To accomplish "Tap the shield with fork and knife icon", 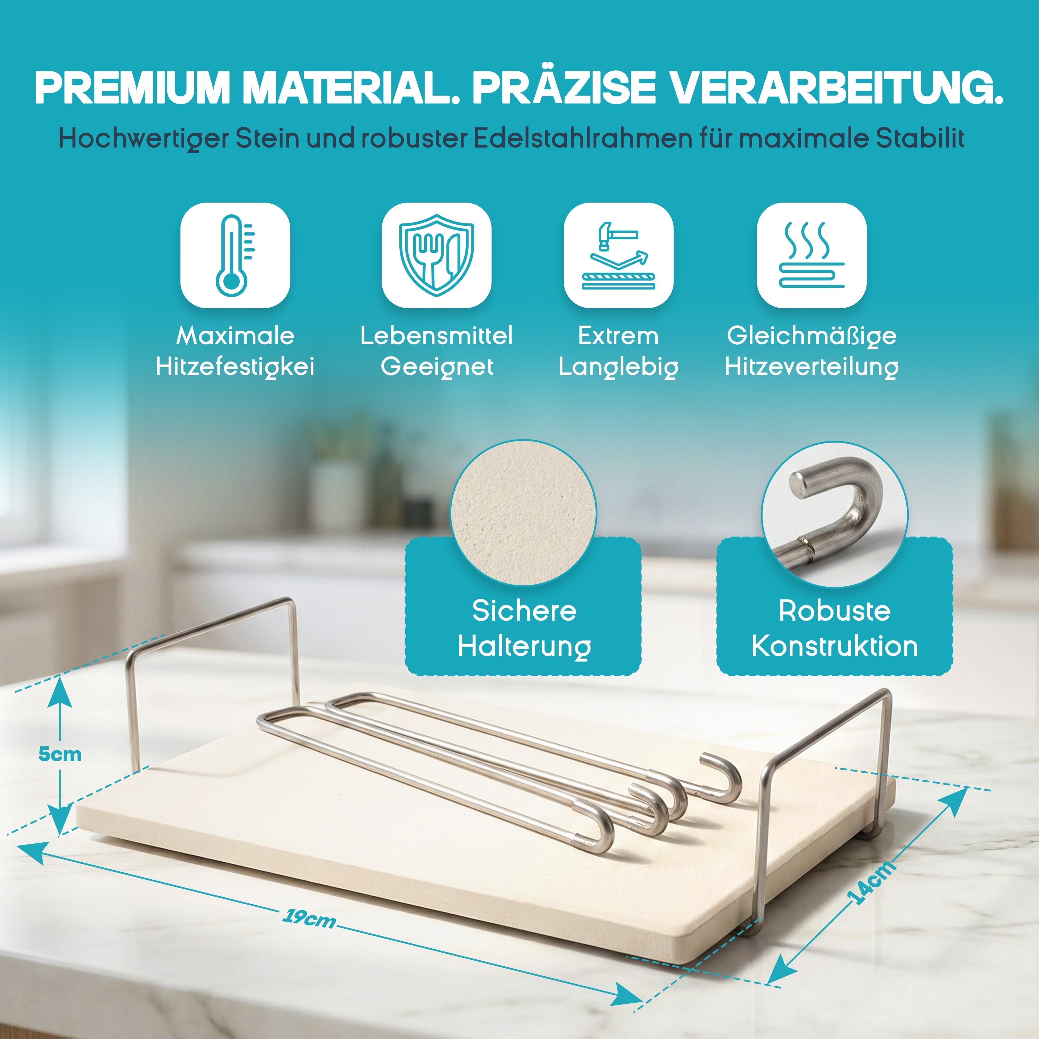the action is pos(436,255).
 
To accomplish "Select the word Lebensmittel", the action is pos(436,336).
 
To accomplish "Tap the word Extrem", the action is pos(619,336).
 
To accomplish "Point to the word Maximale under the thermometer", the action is pos(236,336).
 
